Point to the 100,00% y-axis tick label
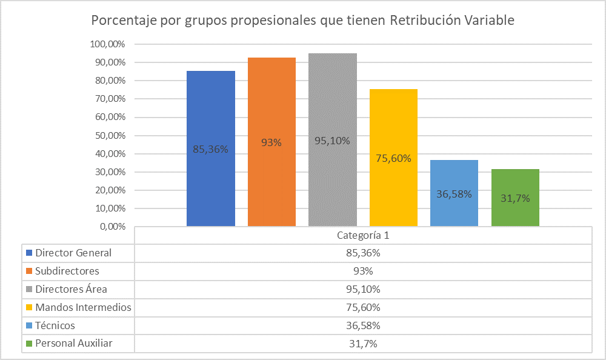tap(107, 44)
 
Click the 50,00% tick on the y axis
tap(109, 135)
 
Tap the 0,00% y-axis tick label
tap(112, 227)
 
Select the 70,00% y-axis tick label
tap(109, 99)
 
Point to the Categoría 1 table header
tap(362, 235)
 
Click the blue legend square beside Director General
tap(28, 253)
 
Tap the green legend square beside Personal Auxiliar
tap(28, 344)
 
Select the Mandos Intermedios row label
tap(83, 307)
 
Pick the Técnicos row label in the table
tap(55, 325)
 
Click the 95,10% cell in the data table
tap(362, 289)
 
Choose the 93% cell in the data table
tap(362, 271)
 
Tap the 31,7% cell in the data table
tap(362, 344)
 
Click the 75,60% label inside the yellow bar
tap(393, 159)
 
